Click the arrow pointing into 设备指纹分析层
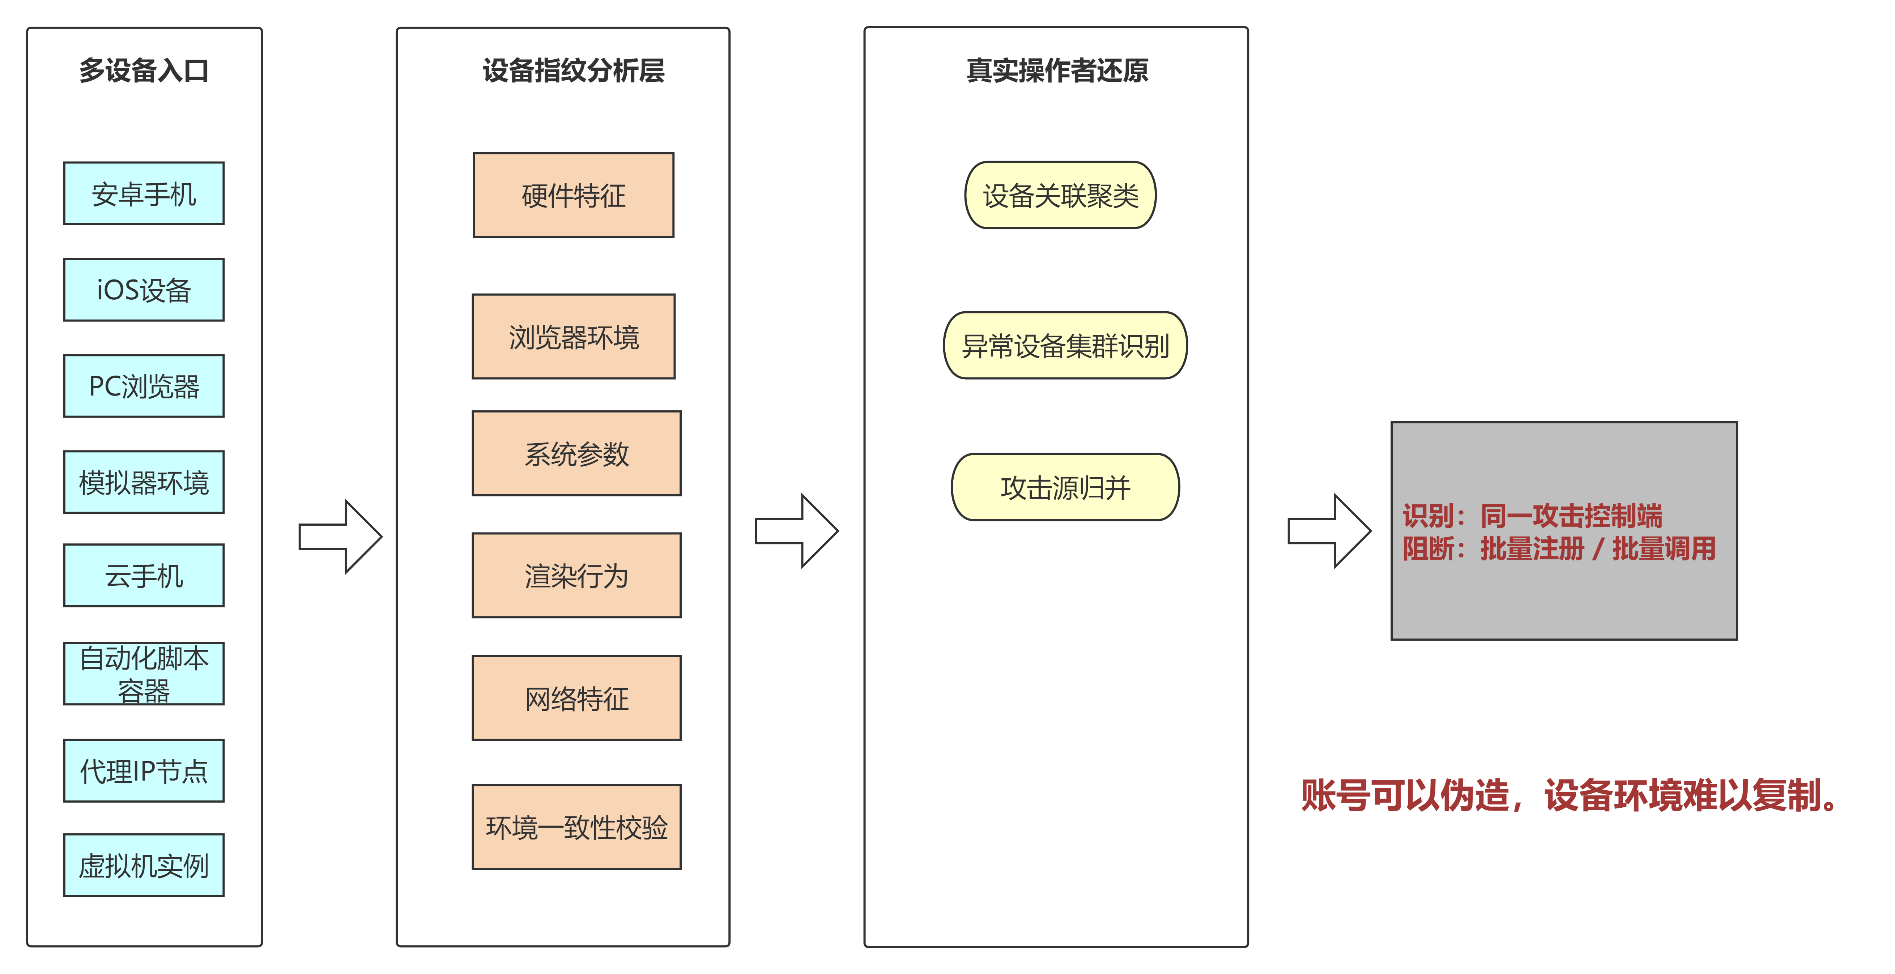click(341, 536)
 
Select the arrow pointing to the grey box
click(1329, 530)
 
